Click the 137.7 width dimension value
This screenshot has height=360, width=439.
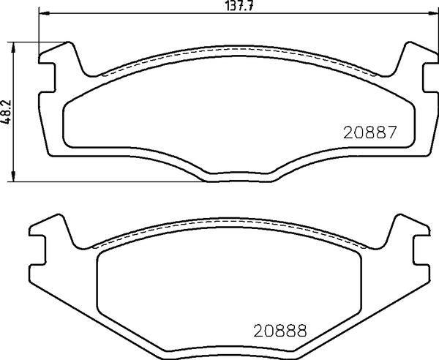239,6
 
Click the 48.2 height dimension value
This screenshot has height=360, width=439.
6,112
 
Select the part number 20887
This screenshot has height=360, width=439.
369,132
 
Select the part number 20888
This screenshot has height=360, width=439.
280,330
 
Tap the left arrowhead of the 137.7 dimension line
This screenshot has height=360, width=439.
44,13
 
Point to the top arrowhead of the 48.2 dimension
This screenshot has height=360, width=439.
13,48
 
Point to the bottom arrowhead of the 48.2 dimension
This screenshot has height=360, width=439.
13,176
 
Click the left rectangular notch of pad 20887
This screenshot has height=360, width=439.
47,78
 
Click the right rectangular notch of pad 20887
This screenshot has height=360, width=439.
431,78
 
